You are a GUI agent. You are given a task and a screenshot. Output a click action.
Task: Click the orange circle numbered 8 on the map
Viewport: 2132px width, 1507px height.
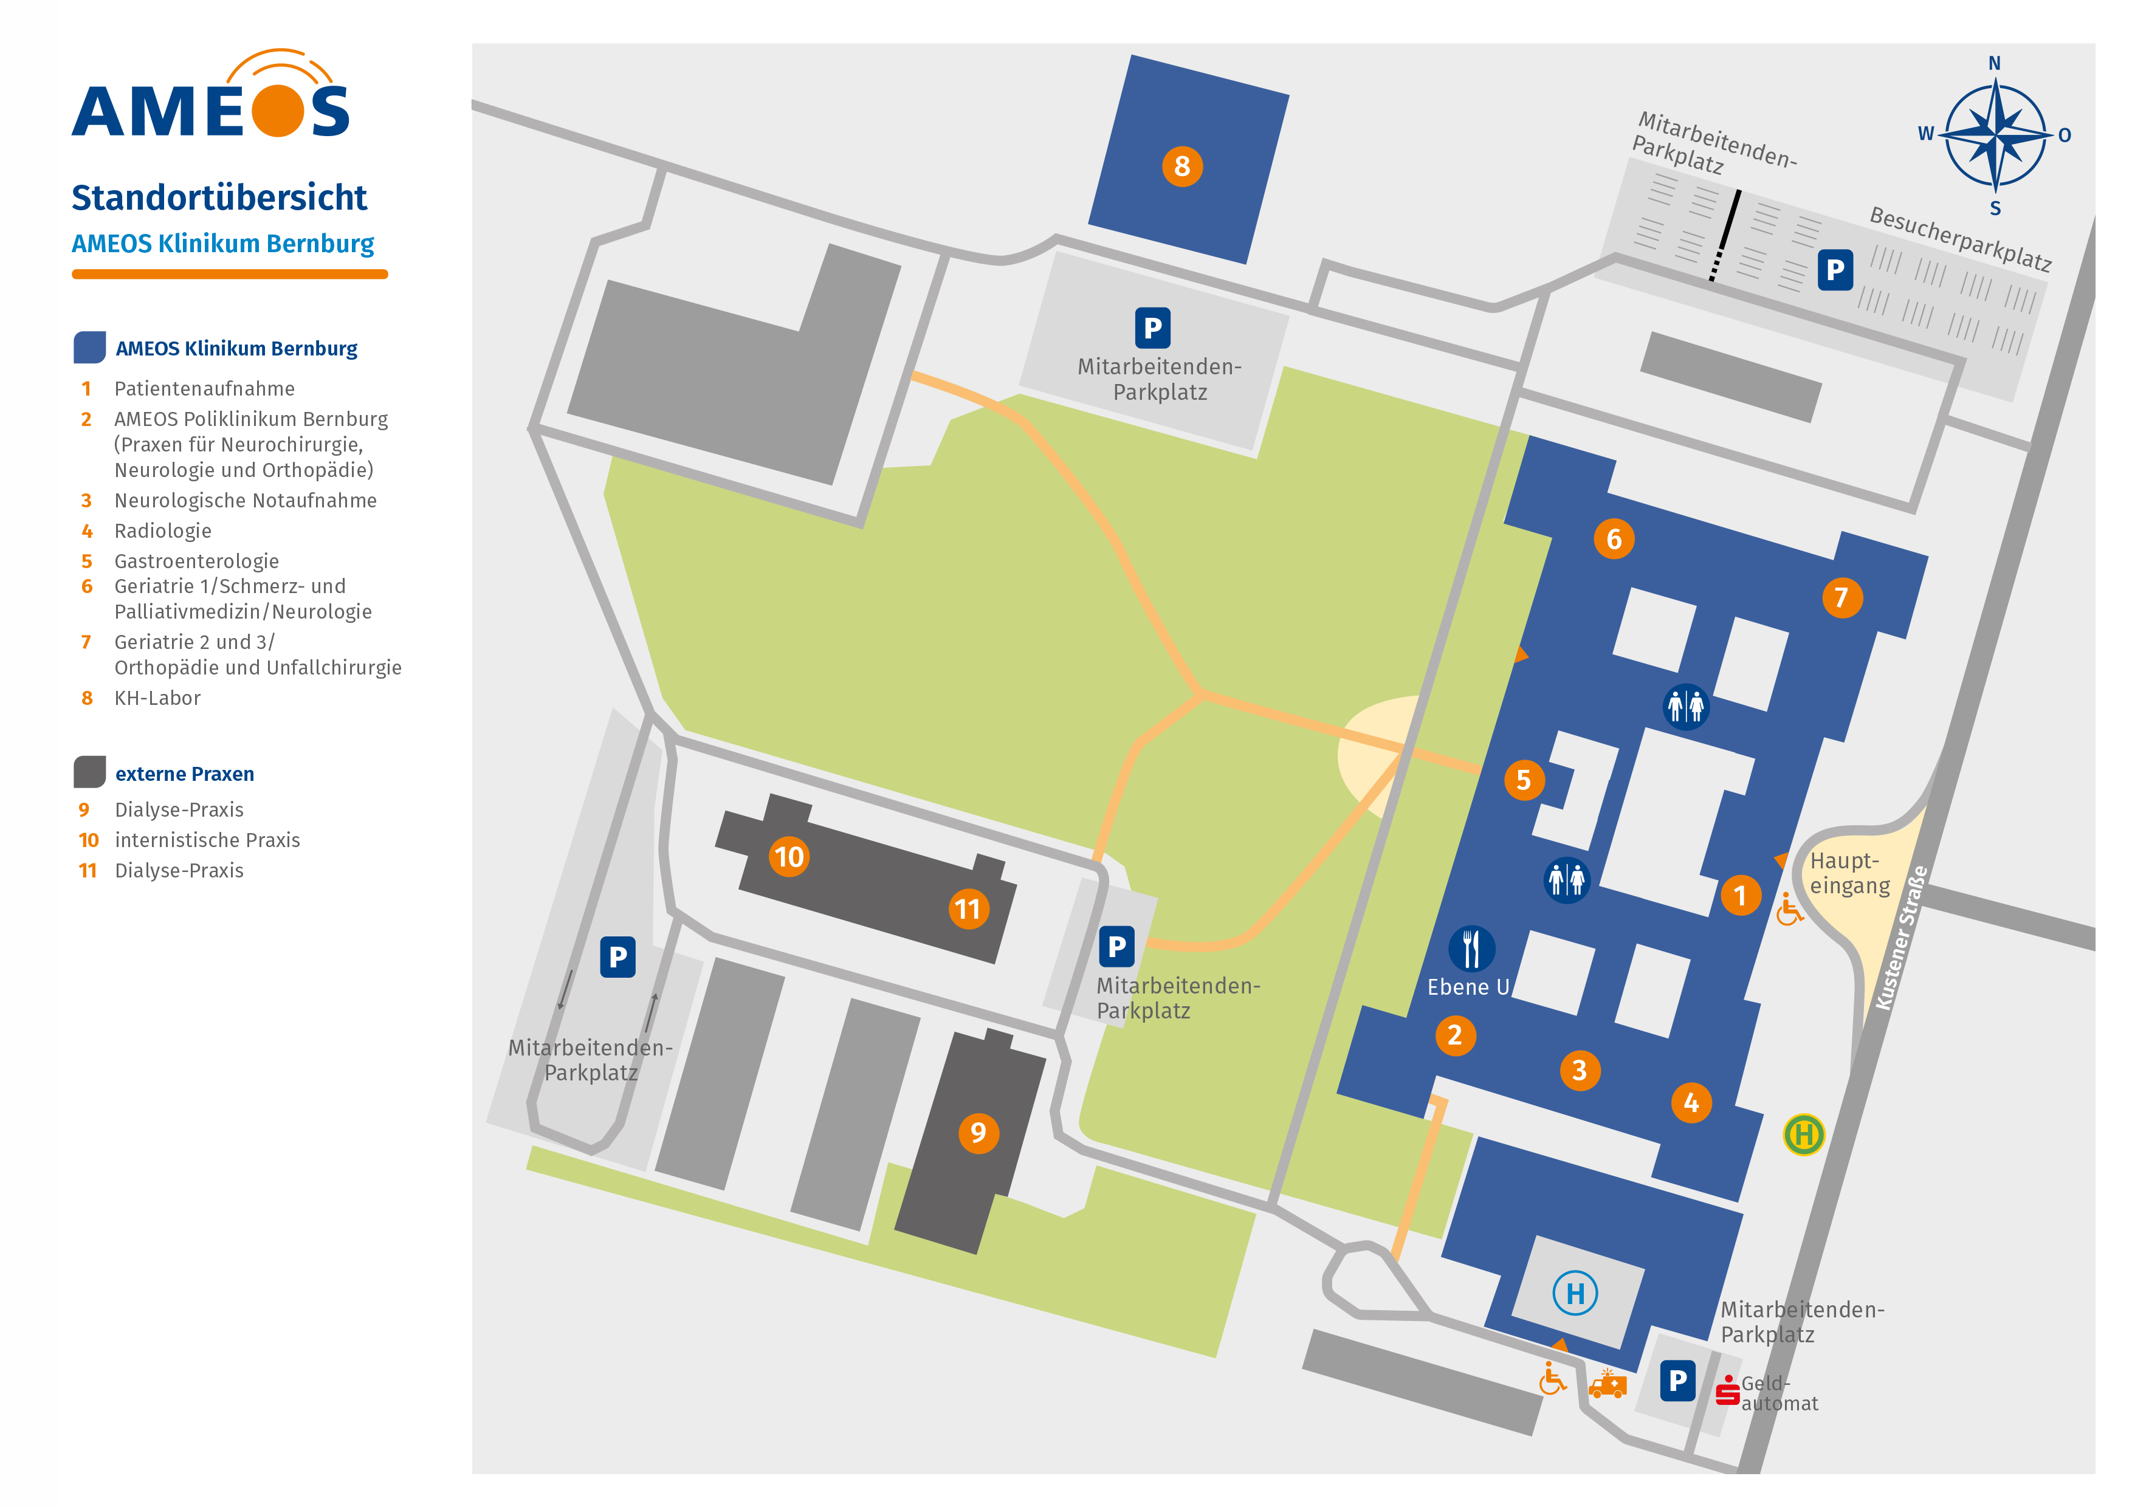[1182, 167]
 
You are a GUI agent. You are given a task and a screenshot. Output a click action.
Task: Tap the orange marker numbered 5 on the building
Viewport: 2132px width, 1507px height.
[1524, 780]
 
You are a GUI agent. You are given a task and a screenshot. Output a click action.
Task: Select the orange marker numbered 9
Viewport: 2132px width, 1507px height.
[978, 1133]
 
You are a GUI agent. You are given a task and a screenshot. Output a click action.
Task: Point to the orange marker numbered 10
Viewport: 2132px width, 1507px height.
[789, 856]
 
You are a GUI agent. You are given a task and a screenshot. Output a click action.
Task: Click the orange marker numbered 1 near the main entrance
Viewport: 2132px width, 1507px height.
[1740, 895]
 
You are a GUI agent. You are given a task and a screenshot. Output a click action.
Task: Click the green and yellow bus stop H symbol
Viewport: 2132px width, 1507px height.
[1803, 1134]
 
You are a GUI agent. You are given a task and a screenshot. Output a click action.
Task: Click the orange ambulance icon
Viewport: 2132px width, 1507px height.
[1608, 1385]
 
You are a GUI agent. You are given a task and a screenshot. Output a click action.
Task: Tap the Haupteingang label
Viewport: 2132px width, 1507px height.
[1849, 873]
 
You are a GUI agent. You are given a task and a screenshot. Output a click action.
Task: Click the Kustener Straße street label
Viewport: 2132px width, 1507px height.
[1901, 938]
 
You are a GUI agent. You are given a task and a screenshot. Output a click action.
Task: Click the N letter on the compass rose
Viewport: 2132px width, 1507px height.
[1993, 64]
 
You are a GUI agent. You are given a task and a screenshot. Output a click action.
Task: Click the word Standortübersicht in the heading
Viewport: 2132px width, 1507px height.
[219, 197]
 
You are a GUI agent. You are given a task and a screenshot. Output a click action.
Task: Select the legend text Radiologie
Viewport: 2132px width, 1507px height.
[162, 531]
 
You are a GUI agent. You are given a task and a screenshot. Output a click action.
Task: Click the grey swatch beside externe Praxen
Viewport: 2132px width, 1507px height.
[89, 772]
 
